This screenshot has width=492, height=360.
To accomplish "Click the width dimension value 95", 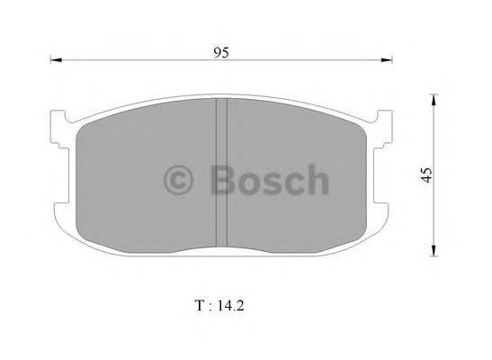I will pyautogui.click(x=221, y=52).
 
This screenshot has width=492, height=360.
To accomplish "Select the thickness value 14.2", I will pyautogui.click(x=230, y=305).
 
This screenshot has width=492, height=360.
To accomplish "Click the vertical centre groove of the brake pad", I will pyautogui.click(x=221, y=171).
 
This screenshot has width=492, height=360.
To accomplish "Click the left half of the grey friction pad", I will pyautogui.click(x=144, y=180).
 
